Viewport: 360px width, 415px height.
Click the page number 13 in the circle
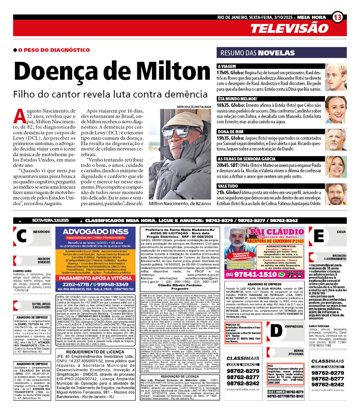coord(338,17)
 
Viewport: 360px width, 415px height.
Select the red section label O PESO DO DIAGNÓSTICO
coord(54,50)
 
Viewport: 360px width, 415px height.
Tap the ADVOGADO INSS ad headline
coord(95,231)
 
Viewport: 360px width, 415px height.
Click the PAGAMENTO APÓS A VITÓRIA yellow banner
coord(95,278)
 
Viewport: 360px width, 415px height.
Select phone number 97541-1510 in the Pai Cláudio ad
coord(256,275)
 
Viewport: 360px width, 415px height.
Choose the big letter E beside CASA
coord(319,236)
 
